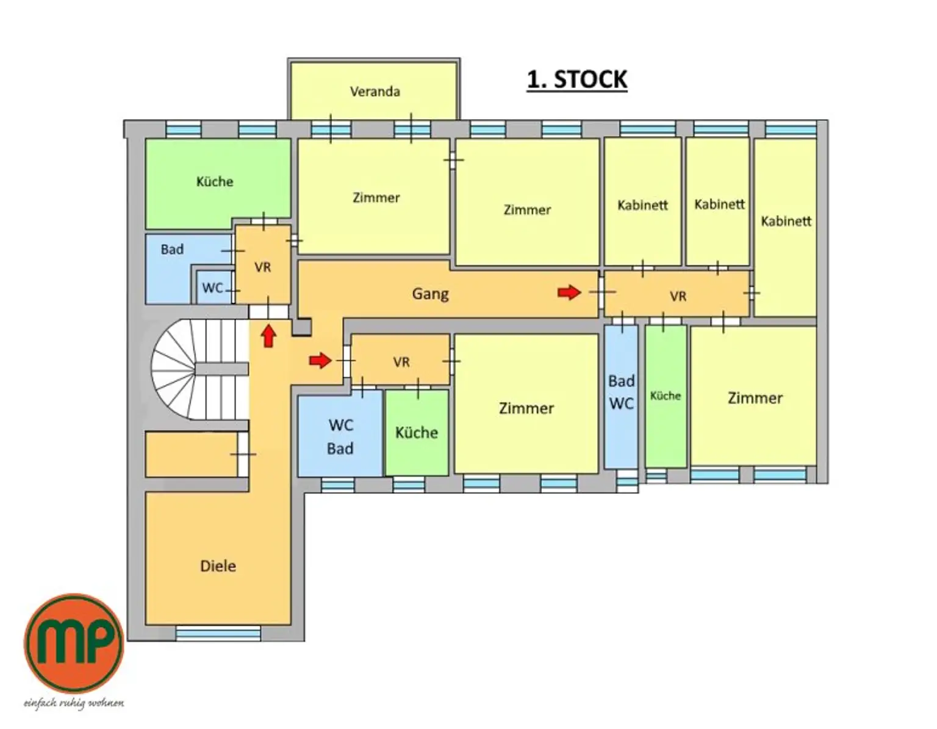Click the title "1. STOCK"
(577, 80)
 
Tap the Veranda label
(375, 92)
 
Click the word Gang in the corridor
(430, 294)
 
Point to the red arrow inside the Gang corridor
(569, 292)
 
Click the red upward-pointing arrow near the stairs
(269, 336)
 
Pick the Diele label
(218, 566)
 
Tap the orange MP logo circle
(74, 643)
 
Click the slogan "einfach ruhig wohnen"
(74, 703)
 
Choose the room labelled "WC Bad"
(340, 436)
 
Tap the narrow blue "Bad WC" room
(621, 396)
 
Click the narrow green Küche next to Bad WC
(666, 396)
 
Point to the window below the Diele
(218, 633)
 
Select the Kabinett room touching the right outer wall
(785, 227)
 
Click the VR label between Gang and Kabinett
(678, 296)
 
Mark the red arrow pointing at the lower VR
(320, 361)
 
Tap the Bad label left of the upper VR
(172, 249)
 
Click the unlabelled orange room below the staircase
(192, 455)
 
